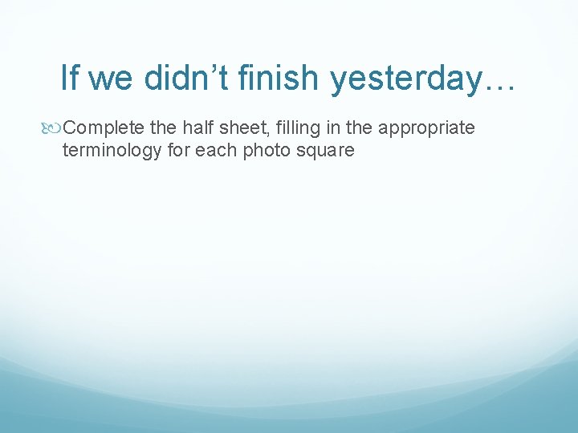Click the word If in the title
(x=70, y=78)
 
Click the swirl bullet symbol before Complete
(x=54, y=128)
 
